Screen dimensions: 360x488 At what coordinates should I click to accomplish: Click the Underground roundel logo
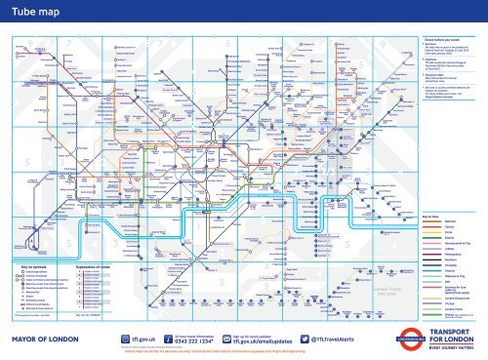[397, 313]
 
